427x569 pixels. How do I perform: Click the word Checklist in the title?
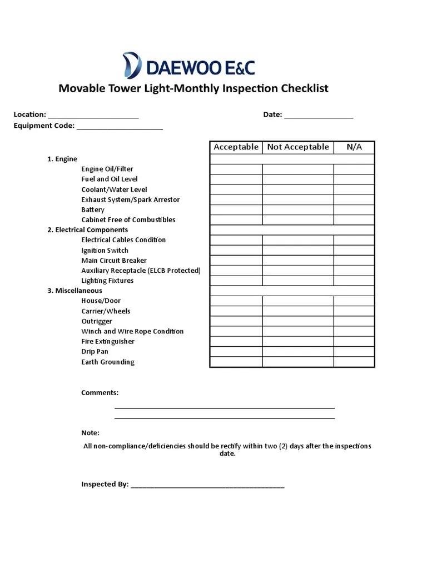305,88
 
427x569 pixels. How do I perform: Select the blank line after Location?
93,116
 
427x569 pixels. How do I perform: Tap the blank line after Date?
319,116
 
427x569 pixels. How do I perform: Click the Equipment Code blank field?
120,127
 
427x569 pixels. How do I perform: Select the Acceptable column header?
236,147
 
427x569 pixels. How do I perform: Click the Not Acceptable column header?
298,147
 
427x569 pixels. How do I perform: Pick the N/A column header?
354,147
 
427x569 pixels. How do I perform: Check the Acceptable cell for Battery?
236,210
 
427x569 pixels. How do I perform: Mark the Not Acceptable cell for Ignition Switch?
298,251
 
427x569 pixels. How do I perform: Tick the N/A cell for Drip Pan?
354,352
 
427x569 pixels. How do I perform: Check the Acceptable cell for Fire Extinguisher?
236,342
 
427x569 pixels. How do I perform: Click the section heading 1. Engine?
62,159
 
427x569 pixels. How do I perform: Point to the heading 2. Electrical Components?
87,230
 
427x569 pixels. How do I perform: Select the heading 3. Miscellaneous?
75,291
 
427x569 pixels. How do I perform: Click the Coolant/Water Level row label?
114,189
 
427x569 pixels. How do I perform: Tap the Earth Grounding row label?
108,362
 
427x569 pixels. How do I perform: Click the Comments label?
100,393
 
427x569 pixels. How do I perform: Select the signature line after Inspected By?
207,485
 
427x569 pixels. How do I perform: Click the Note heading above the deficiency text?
90,433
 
